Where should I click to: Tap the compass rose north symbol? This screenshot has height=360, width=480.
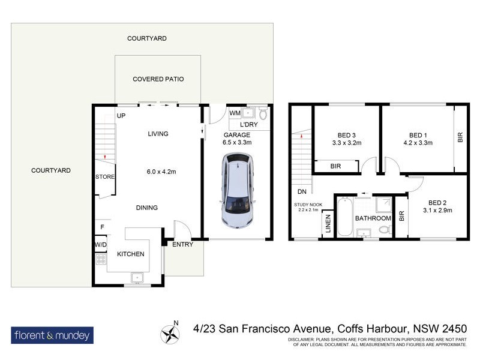tap(168, 332)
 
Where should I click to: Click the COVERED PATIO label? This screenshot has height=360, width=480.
tap(158, 79)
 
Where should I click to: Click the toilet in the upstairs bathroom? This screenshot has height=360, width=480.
tap(384, 228)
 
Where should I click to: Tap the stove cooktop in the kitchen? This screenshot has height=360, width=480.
tap(101, 260)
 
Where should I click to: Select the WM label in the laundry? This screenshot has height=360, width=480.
tap(235, 113)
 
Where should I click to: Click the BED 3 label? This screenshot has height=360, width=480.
tap(346, 134)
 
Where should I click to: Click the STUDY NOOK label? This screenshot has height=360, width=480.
tap(308, 205)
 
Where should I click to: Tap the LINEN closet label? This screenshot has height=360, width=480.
tap(328, 225)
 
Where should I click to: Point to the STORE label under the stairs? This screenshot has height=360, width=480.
tap(104, 177)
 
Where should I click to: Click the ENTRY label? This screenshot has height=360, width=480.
tap(182, 245)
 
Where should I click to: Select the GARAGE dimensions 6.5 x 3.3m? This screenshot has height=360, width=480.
tap(236, 143)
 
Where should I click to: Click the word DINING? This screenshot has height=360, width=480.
tap(146, 208)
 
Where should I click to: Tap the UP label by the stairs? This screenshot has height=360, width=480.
tap(121, 116)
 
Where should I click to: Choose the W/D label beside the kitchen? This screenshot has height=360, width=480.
tap(100, 245)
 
